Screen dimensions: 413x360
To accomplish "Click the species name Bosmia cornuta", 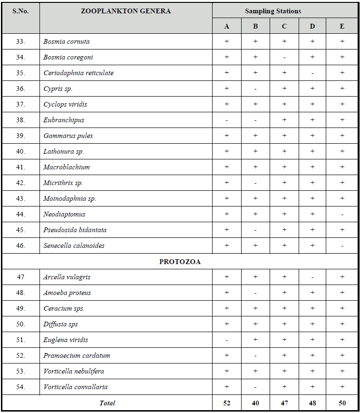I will [x=66, y=41].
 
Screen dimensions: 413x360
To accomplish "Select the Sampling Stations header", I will [x=273, y=11].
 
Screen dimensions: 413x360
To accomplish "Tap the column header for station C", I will [x=284, y=26].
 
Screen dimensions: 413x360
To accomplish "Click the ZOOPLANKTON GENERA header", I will [x=126, y=11].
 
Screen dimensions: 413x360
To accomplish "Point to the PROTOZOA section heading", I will [x=180, y=262].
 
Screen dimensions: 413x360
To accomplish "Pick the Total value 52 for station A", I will [x=226, y=403].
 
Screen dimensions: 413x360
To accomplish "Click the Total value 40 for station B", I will [x=255, y=403].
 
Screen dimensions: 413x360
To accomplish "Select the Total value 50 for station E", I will [x=342, y=403].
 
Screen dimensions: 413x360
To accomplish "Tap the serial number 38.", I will [x=20, y=120].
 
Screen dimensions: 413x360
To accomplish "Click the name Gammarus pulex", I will [x=68, y=136].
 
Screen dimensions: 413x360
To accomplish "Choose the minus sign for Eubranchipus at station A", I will [x=226, y=120].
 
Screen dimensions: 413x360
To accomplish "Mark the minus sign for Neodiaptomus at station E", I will [x=342, y=215].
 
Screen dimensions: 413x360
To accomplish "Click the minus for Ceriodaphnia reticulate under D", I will [x=312, y=73].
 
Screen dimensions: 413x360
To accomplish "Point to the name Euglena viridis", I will [x=66, y=340].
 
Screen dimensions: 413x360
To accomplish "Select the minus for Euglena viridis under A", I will [x=226, y=340].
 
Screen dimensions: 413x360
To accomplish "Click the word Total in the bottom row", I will [x=107, y=403].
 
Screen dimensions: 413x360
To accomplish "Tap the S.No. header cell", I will [x=20, y=11].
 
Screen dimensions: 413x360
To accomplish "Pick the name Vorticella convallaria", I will [x=75, y=387].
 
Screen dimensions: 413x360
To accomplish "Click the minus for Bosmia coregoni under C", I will [x=284, y=58].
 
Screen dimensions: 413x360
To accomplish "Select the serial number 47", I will [x=20, y=277].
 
